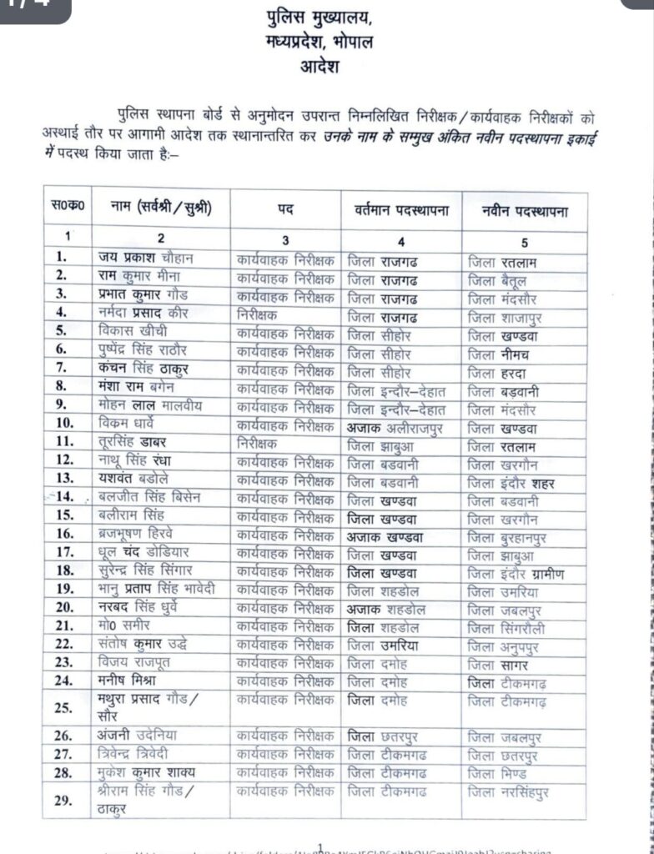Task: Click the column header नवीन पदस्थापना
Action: point(525,212)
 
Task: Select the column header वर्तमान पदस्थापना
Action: point(401,212)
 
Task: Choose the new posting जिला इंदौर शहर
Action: point(511,482)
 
